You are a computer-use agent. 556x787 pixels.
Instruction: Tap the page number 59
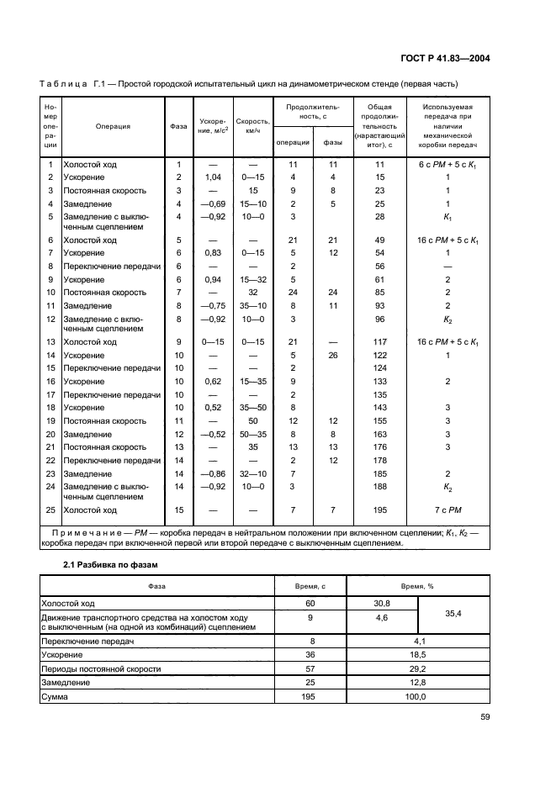(x=485, y=716)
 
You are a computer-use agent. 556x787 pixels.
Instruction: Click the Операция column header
(x=113, y=127)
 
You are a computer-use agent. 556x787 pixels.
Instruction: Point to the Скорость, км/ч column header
(x=252, y=126)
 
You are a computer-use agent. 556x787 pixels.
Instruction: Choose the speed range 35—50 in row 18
(x=252, y=407)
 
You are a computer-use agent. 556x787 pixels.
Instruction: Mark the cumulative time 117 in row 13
(x=379, y=342)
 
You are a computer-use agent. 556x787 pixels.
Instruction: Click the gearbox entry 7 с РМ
(x=447, y=510)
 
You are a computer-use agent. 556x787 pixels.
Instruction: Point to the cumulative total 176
(x=379, y=446)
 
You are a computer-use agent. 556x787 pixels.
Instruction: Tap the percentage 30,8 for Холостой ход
(x=383, y=603)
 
